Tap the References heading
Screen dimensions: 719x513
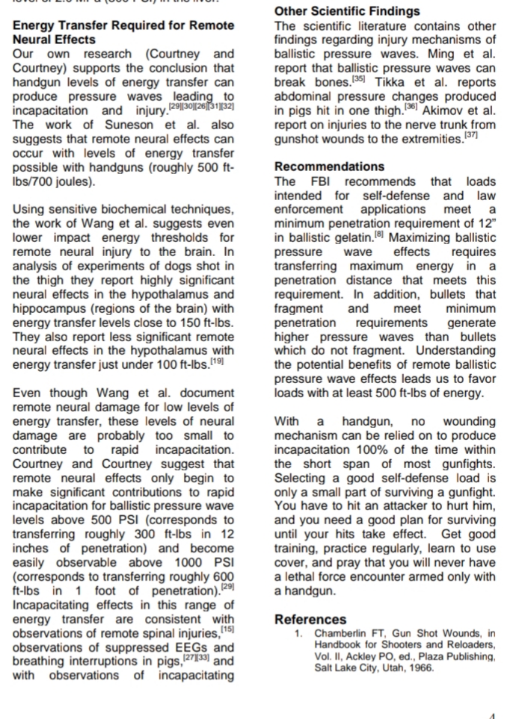point(310,619)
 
